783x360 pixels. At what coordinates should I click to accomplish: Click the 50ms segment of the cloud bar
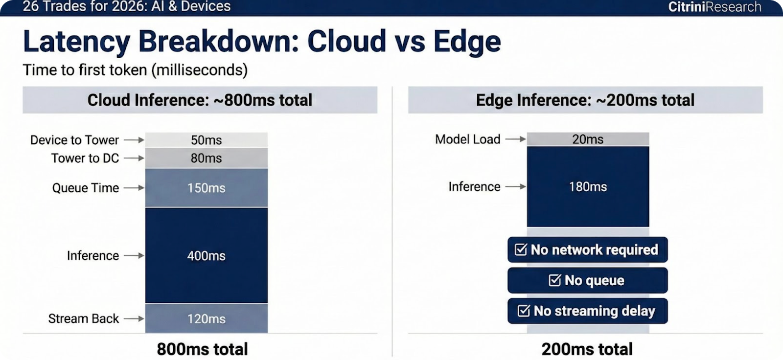pyautogui.click(x=206, y=140)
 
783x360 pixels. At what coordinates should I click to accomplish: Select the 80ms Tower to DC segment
pyautogui.click(x=206, y=158)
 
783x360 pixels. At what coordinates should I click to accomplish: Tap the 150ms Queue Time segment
pyautogui.click(x=206, y=188)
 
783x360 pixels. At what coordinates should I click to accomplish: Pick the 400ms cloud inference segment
pyautogui.click(x=206, y=255)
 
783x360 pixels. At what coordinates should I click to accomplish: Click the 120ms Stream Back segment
pyautogui.click(x=206, y=318)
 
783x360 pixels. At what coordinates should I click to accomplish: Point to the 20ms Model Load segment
pyautogui.click(x=588, y=139)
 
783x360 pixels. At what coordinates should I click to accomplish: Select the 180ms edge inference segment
pyautogui.click(x=588, y=187)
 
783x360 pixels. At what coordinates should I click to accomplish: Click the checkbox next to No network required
pyautogui.click(x=521, y=249)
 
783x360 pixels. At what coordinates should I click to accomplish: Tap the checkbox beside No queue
pyautogui.click(x=555, y=280)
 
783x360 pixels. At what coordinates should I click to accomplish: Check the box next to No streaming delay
pyautogui.click(x=524, y=311)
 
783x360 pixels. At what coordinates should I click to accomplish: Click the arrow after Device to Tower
pyautogui.click(x=134, y=140)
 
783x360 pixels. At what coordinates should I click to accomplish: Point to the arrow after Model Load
pyautogui.click(x=516, y=139)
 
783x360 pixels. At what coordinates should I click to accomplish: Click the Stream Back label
pyautogui.click(x=84, y=319)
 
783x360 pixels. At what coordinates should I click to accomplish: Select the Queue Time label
pyautogui.click(x=86, y=188)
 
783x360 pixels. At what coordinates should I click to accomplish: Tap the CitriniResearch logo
pyautogui.click(x=714, y=7)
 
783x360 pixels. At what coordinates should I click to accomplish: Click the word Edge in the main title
pyautogui.click(x=467, y=42)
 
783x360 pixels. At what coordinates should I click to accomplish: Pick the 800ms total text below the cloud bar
pyautogui.click(x=203, y=349)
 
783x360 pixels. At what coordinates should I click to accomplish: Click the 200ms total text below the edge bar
pyautogui.click(x=587, y=349)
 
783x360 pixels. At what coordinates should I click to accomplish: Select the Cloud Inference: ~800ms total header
pyautogui.click(x=200, y=100)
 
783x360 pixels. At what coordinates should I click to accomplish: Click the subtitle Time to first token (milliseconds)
pyautogui.click(x=135, y=70)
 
